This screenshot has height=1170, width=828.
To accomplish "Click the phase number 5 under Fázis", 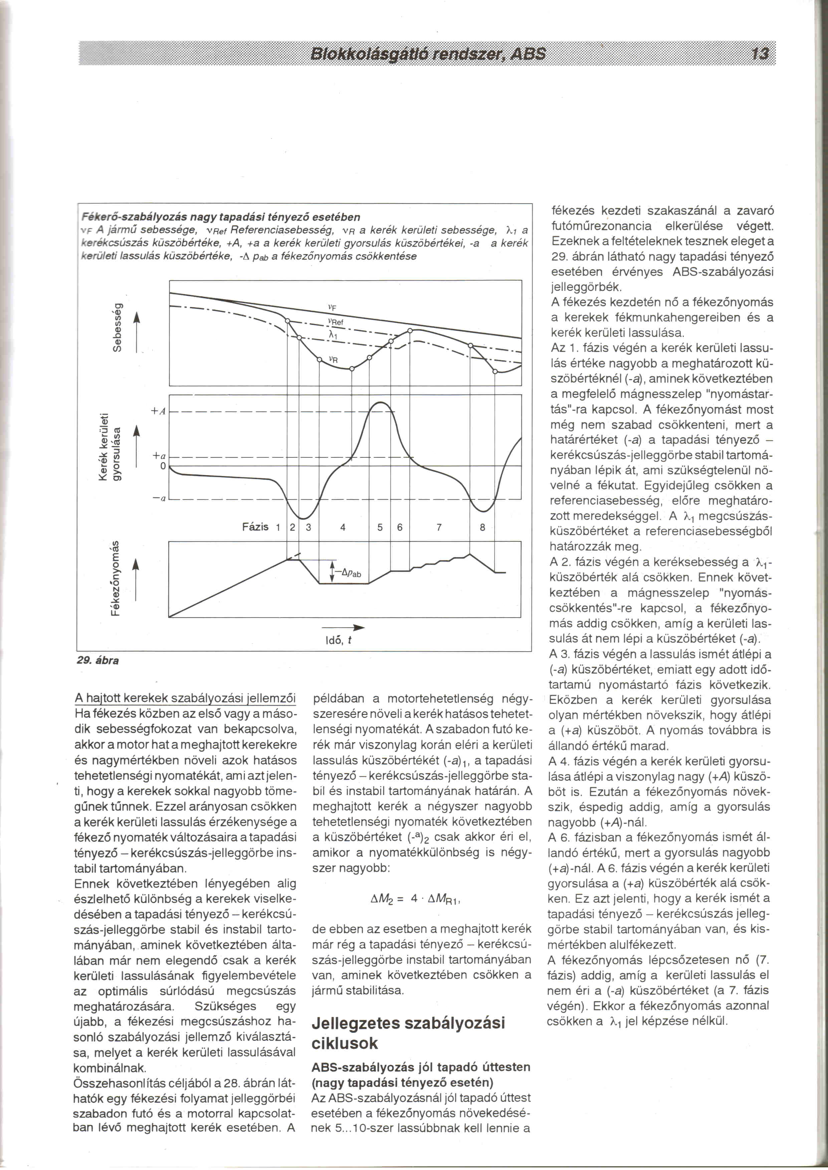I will click(x=380, y=528).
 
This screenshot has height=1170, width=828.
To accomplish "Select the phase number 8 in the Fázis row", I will click(x=482, y=528).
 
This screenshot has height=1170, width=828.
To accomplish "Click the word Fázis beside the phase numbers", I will click(x=255, y=527).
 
